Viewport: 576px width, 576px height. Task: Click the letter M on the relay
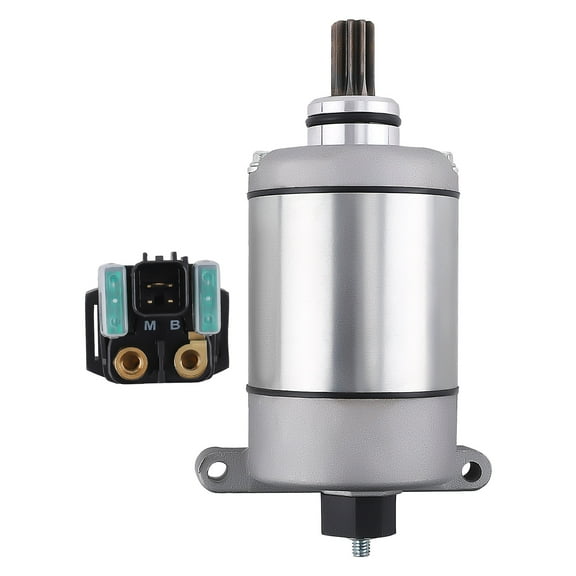pyautogui.click(x=149, y=325)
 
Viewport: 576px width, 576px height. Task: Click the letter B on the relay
pyautogui.click(x=175, y=325)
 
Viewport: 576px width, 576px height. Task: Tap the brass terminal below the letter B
pyautogui.click(x=189, y=359)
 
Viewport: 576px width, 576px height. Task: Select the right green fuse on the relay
pyautogui.click(x=207, y=297)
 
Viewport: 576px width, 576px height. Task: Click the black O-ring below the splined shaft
pyautogui.click(x=352, y=119)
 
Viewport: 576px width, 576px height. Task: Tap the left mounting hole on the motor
pyautogui.click(x=216, y=469)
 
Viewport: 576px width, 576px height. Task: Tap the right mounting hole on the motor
pyautogui.click(x=471, y=469)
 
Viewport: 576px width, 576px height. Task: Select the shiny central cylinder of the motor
pyautogui.click(x=352, y=290)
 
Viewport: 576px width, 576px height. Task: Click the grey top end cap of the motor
pyautogui.click(x=352, y=166)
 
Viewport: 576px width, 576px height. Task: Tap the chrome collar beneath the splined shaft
pyautogui.click(x=352, y=104)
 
